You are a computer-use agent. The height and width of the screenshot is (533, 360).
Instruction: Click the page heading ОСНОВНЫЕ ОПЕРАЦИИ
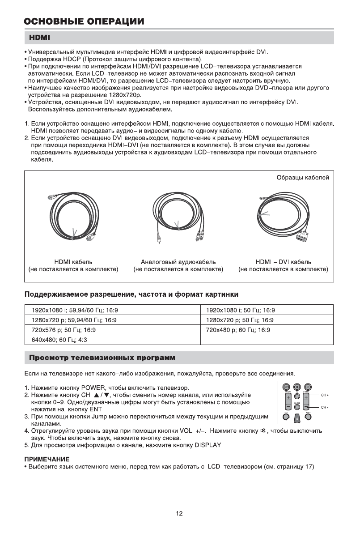tap(85, 21)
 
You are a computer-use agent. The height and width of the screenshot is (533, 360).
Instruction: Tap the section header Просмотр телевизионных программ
tap(102, 358)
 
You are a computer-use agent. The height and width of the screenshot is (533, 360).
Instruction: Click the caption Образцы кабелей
tap(303, 178)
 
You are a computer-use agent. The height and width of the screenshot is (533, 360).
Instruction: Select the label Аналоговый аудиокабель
tap(178, 262)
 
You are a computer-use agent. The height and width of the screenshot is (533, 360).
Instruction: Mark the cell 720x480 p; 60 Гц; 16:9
tap(237, 330)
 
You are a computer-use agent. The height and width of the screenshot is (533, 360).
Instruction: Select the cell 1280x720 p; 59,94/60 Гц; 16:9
tap(74, 320)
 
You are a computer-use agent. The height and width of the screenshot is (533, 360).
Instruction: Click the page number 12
tap(179, 513)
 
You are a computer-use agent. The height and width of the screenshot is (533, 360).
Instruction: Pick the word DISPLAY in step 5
tap(208, 446)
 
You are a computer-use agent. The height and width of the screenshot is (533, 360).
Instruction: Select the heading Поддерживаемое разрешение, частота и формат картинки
tap(131, 294)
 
